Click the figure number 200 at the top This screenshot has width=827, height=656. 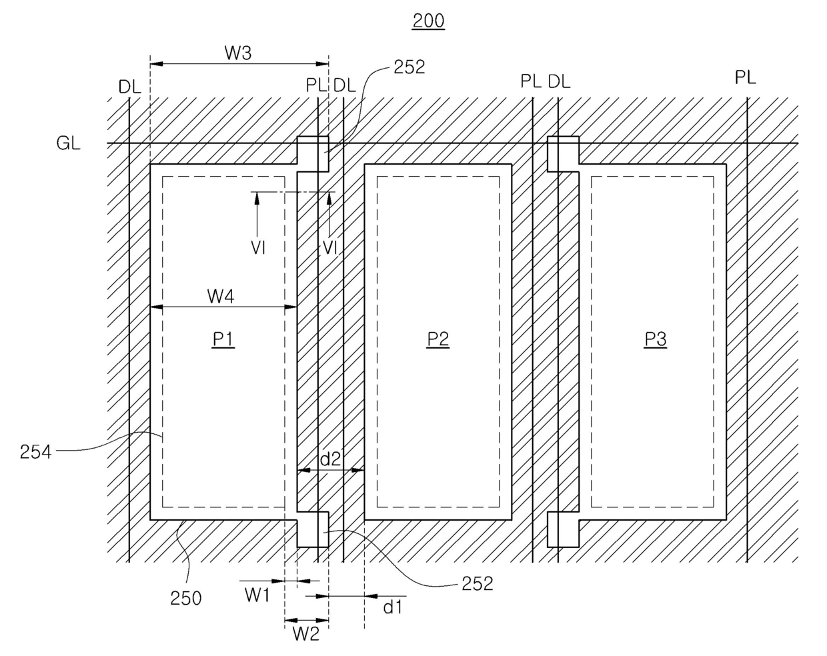428,21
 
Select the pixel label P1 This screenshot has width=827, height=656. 223,339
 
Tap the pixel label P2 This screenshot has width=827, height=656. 438,339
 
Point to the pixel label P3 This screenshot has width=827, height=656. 655,339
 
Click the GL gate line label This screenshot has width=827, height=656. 69,143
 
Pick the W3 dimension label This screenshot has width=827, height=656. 237,53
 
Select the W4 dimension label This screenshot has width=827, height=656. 221,296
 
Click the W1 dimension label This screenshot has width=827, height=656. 257,595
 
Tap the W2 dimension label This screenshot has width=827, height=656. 306,634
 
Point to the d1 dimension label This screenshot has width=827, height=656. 392,607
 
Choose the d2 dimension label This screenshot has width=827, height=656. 331,459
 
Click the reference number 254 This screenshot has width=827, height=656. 36,452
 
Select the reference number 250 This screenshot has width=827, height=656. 186,598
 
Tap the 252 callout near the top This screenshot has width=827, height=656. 409,67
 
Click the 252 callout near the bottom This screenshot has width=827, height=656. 478,583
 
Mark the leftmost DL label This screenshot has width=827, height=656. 129,85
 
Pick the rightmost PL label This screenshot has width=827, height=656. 746,77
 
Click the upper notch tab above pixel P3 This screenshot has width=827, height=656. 563,153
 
